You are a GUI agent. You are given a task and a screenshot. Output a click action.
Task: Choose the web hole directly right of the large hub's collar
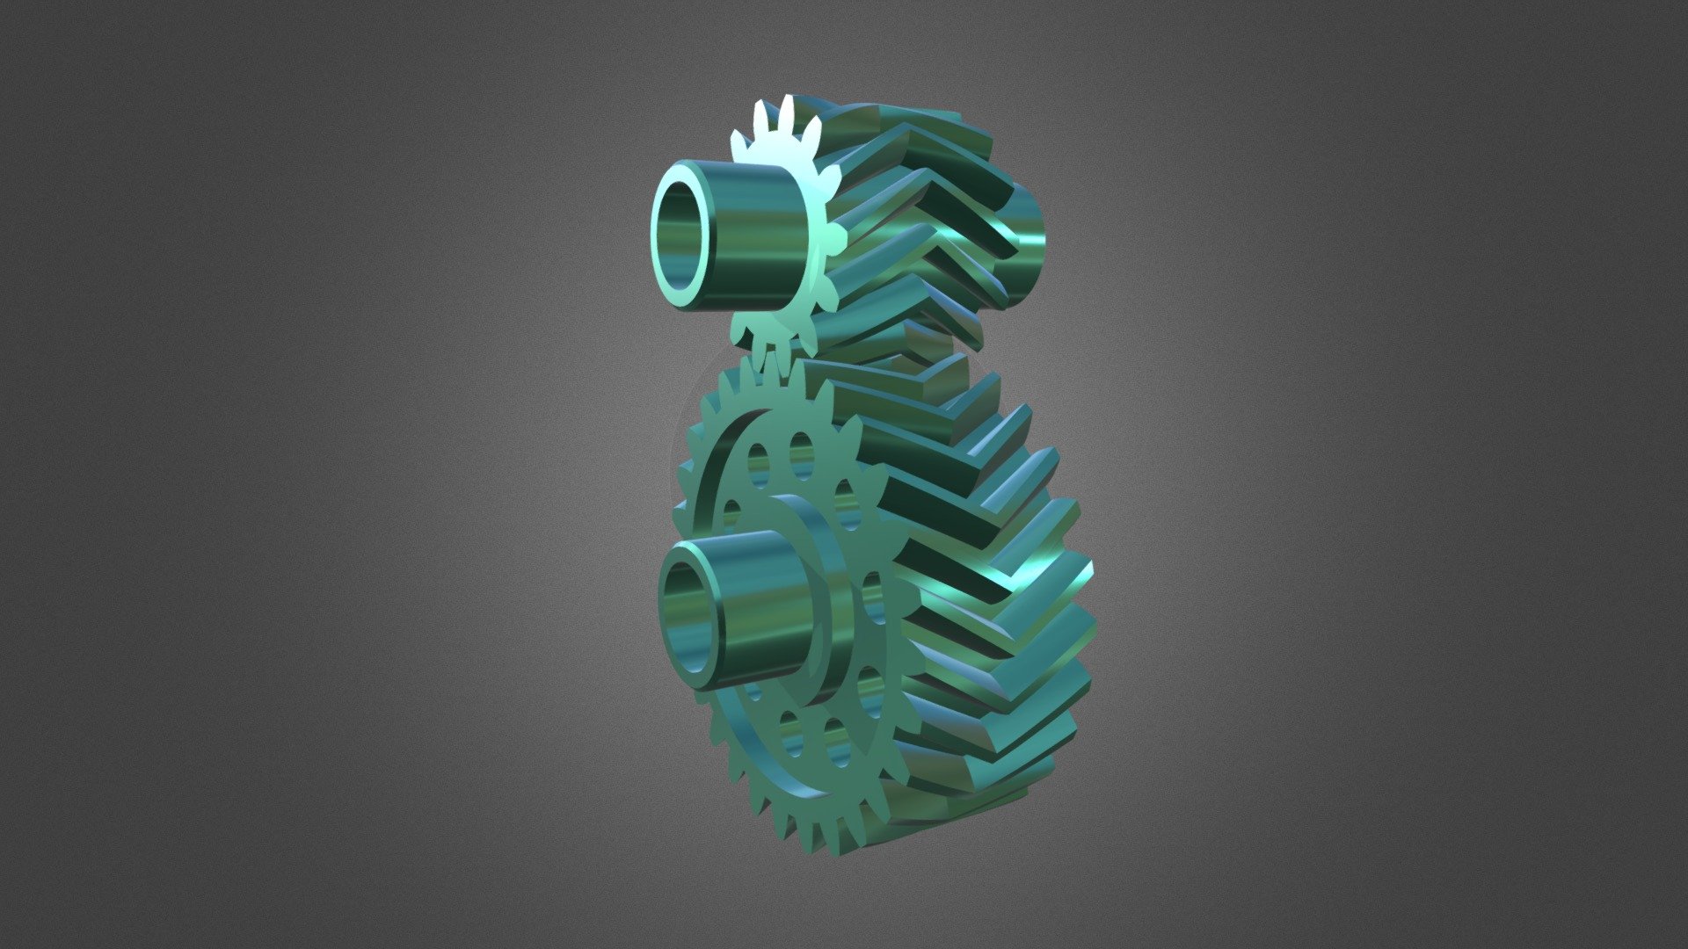pos(872,598)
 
